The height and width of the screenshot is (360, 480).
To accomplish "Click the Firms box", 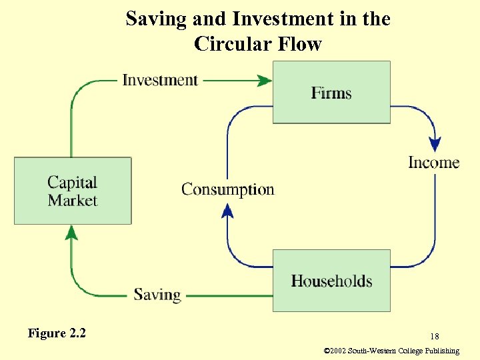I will pyautogui.click(x=331, y=93).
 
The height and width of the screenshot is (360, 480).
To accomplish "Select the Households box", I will pyautogui.click(x=331, y=281).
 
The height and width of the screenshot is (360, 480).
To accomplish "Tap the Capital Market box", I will pyautogui.click(x=73, y=191).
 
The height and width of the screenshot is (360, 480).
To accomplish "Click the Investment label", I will pyautogui.click(x=160, y=80).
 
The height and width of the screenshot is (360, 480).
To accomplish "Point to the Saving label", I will pyautogui.click(x=157, y=294).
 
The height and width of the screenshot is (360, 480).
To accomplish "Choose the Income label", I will pyautogui.click(x=434, y=163).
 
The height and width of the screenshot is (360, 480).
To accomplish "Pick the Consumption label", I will pyautogui.click(x=228, y=189).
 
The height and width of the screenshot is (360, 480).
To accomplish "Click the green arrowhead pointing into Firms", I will pyautogui.click(x=265, y=81).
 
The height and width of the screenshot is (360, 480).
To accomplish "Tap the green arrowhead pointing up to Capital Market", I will pyautogui.click(x=72, y=232).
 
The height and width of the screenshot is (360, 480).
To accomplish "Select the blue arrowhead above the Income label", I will pyautogui.click(x=435, y=144).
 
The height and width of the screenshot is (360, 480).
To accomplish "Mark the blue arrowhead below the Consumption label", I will pyautogui.click(x=227, y=211).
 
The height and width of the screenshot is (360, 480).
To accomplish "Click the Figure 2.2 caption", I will pyautogui.click(x=57, y=333).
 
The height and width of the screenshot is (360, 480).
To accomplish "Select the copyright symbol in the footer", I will pyautogui.click(x=326, y=351).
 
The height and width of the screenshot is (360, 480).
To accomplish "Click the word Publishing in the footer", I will pyautogui.click(x=440, y=351).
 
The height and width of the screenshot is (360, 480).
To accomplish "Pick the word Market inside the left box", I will pyautogui.click(x=73, y=200).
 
